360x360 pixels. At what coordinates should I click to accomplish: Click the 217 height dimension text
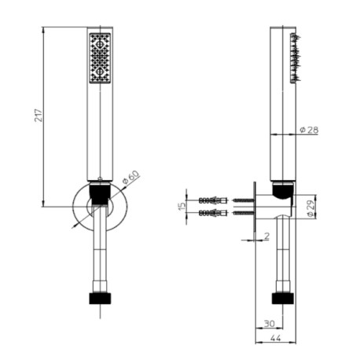[37, 116]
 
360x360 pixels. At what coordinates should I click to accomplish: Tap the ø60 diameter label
[130, 179]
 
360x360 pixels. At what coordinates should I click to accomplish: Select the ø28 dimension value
[309, 130]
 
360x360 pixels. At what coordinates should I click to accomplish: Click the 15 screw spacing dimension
[182, 206]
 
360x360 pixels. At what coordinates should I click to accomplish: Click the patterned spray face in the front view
[101, 57]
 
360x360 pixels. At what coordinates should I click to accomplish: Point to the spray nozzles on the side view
[295, 59]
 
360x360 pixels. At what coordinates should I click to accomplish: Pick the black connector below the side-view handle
[283, 189]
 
